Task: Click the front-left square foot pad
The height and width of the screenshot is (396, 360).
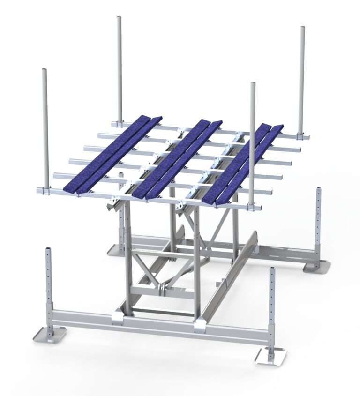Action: [50, 334]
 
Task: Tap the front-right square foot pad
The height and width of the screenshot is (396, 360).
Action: [270, 356]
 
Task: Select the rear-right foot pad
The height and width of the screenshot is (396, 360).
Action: [317, 266]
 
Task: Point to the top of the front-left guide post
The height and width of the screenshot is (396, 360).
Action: [45, 71]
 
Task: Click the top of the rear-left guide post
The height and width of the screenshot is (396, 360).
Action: [120, 18]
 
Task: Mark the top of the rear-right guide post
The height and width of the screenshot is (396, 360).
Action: [302, 28]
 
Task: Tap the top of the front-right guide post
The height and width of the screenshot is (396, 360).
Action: [253, 84]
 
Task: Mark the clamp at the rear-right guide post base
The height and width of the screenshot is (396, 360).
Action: [300, 136]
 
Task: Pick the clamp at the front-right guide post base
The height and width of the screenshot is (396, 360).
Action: [252, 206]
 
